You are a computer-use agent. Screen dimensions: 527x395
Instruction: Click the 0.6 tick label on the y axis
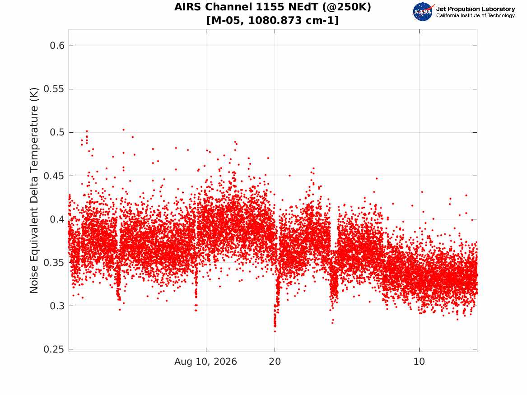[57, 46]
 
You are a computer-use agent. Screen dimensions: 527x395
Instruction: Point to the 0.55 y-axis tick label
[54, 89]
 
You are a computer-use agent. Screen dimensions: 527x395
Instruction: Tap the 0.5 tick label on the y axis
[57, 132]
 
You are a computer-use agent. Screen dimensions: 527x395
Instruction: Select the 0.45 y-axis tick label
[54, 176]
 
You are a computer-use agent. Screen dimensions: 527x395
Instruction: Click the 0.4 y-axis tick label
[57, 219]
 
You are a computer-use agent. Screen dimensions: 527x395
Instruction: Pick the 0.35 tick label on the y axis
[54, 262]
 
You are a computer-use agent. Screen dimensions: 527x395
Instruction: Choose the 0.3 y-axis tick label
[57, 306]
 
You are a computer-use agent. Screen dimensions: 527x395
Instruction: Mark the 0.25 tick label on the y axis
[54, 349]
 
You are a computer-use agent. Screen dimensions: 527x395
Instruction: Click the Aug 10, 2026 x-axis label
[205, 362]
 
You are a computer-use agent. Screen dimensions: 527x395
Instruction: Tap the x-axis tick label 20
[275, 362]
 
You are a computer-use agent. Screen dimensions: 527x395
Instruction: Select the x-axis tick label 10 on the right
[419, 362]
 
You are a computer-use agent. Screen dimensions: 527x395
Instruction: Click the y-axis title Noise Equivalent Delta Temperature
[34, 191]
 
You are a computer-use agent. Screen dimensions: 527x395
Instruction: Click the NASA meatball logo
[424, 12]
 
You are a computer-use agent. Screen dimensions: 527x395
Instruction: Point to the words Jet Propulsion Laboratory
[476, 9]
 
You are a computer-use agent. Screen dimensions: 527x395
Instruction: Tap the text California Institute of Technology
[476, 15]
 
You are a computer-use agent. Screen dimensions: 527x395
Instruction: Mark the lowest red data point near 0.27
[275, 331]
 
